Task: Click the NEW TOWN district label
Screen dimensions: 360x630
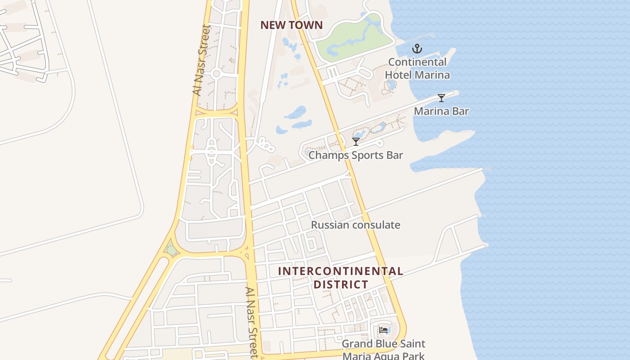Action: tap(292, 25)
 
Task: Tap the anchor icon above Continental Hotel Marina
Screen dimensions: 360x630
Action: tap(417, 49)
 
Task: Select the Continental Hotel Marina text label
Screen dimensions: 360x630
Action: tap(417, 68)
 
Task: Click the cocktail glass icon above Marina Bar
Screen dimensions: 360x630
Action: tap(441, 98)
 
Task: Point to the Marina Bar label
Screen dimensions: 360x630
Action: tap(441, 111)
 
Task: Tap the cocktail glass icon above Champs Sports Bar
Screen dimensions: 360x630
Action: tap(356, 142)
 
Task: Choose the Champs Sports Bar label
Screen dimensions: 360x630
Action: tap(355, 155)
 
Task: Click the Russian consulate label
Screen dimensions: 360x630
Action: tap(355, 225)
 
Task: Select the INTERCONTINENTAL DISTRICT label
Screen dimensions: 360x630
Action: tap(341, 278)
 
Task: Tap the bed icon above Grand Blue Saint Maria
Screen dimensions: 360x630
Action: tap(383, 330)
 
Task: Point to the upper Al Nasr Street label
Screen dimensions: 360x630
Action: tap(201, 60)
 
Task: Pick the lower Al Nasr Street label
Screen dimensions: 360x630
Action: tap(252, 322)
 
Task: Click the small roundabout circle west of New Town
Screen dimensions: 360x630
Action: tap(216, 74)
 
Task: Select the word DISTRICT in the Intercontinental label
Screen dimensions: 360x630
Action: tap(341, 284)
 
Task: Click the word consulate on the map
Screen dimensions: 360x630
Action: tap(376, 225)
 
